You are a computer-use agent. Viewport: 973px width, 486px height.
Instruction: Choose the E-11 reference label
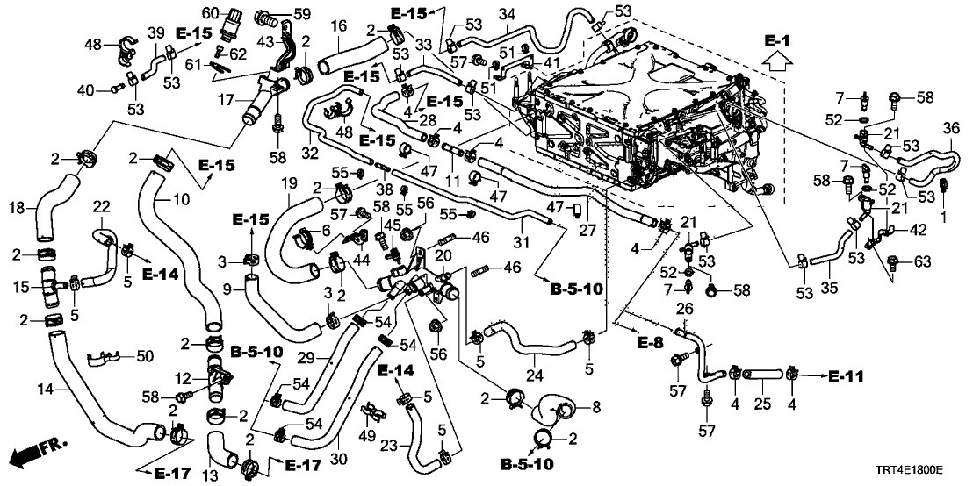pos(845,376)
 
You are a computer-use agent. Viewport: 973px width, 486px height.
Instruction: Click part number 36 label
pos(950,128)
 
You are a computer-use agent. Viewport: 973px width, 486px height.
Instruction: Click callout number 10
pos(181,201)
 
